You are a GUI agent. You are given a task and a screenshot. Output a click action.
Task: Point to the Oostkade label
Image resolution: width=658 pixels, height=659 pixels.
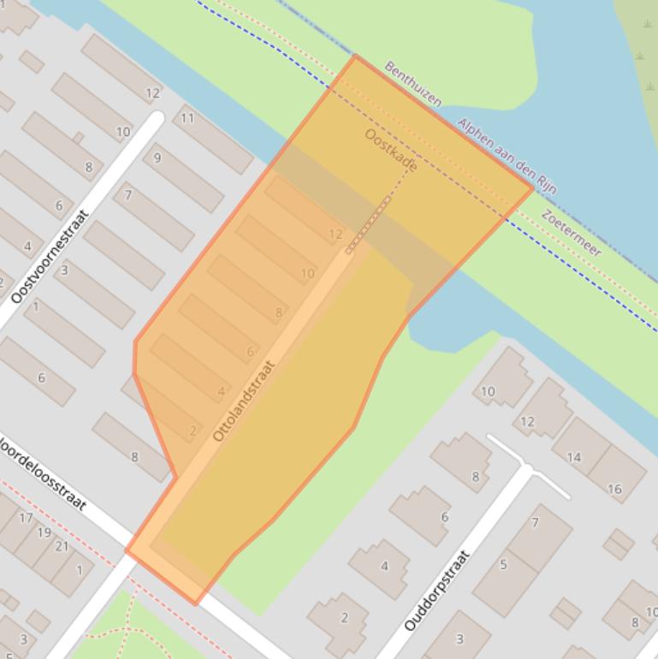point(391,150)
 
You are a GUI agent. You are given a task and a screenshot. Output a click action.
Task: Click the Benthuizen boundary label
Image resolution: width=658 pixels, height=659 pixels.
point(413,84)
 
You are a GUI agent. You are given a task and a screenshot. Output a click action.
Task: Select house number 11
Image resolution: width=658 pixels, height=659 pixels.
point(187,118)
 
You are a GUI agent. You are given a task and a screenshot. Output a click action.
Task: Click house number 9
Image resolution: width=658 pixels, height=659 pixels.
point(157,157)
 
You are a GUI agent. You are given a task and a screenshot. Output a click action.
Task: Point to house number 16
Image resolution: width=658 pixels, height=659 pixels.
point(614,489)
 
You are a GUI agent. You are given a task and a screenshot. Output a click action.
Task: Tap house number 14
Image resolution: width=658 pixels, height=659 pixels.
point(573,457)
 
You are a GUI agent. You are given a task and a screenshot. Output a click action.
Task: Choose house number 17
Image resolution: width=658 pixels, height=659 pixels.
point(26,518)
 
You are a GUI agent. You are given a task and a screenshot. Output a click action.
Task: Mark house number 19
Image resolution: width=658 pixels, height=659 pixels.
point(44,531)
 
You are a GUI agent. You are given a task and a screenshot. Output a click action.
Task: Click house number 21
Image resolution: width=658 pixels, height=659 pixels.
point(62,546)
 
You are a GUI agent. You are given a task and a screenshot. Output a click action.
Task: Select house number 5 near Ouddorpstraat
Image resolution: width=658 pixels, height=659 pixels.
point(503,564)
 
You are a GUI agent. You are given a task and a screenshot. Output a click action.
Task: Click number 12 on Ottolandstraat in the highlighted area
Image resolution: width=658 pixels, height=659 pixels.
point(335,234)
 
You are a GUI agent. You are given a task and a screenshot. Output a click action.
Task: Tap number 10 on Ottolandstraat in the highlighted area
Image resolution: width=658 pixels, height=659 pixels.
point(307,274)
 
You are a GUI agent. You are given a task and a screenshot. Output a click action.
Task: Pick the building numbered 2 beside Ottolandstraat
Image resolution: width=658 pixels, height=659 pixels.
point(193,430)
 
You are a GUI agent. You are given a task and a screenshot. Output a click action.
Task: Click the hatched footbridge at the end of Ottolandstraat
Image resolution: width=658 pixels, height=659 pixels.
point(369,224)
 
